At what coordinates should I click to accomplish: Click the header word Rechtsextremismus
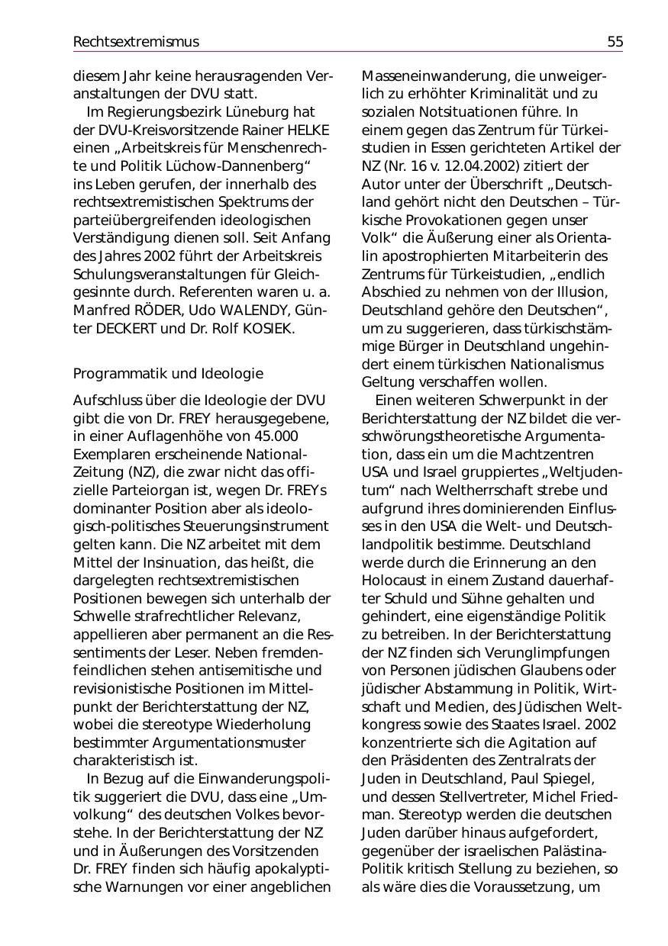pos(136,42)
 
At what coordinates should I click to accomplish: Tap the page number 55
pos(615,42)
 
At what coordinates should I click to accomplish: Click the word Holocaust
pos(397,581)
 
